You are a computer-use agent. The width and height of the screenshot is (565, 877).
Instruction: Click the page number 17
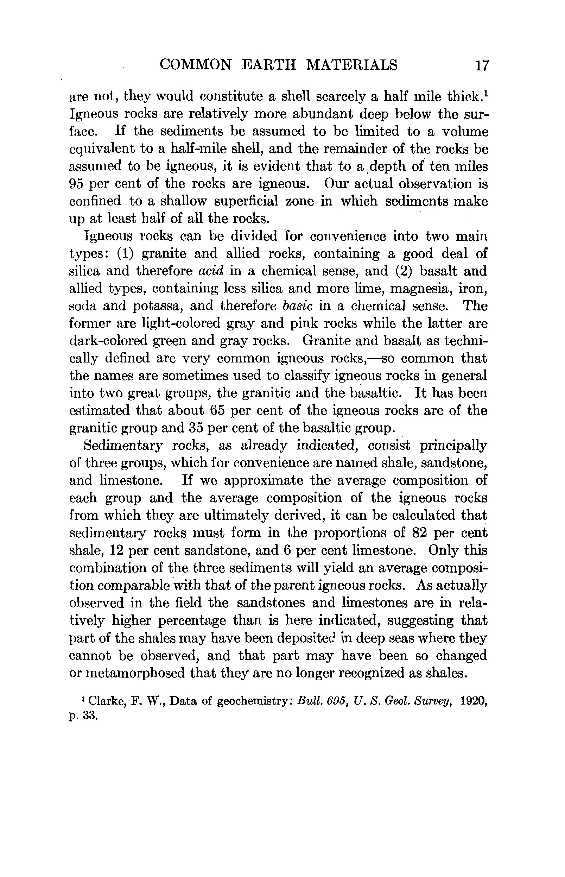pos(482,65)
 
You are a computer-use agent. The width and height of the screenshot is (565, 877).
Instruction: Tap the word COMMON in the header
pos(196,65)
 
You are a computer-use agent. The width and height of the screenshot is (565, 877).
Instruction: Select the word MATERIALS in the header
pos(351,65)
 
